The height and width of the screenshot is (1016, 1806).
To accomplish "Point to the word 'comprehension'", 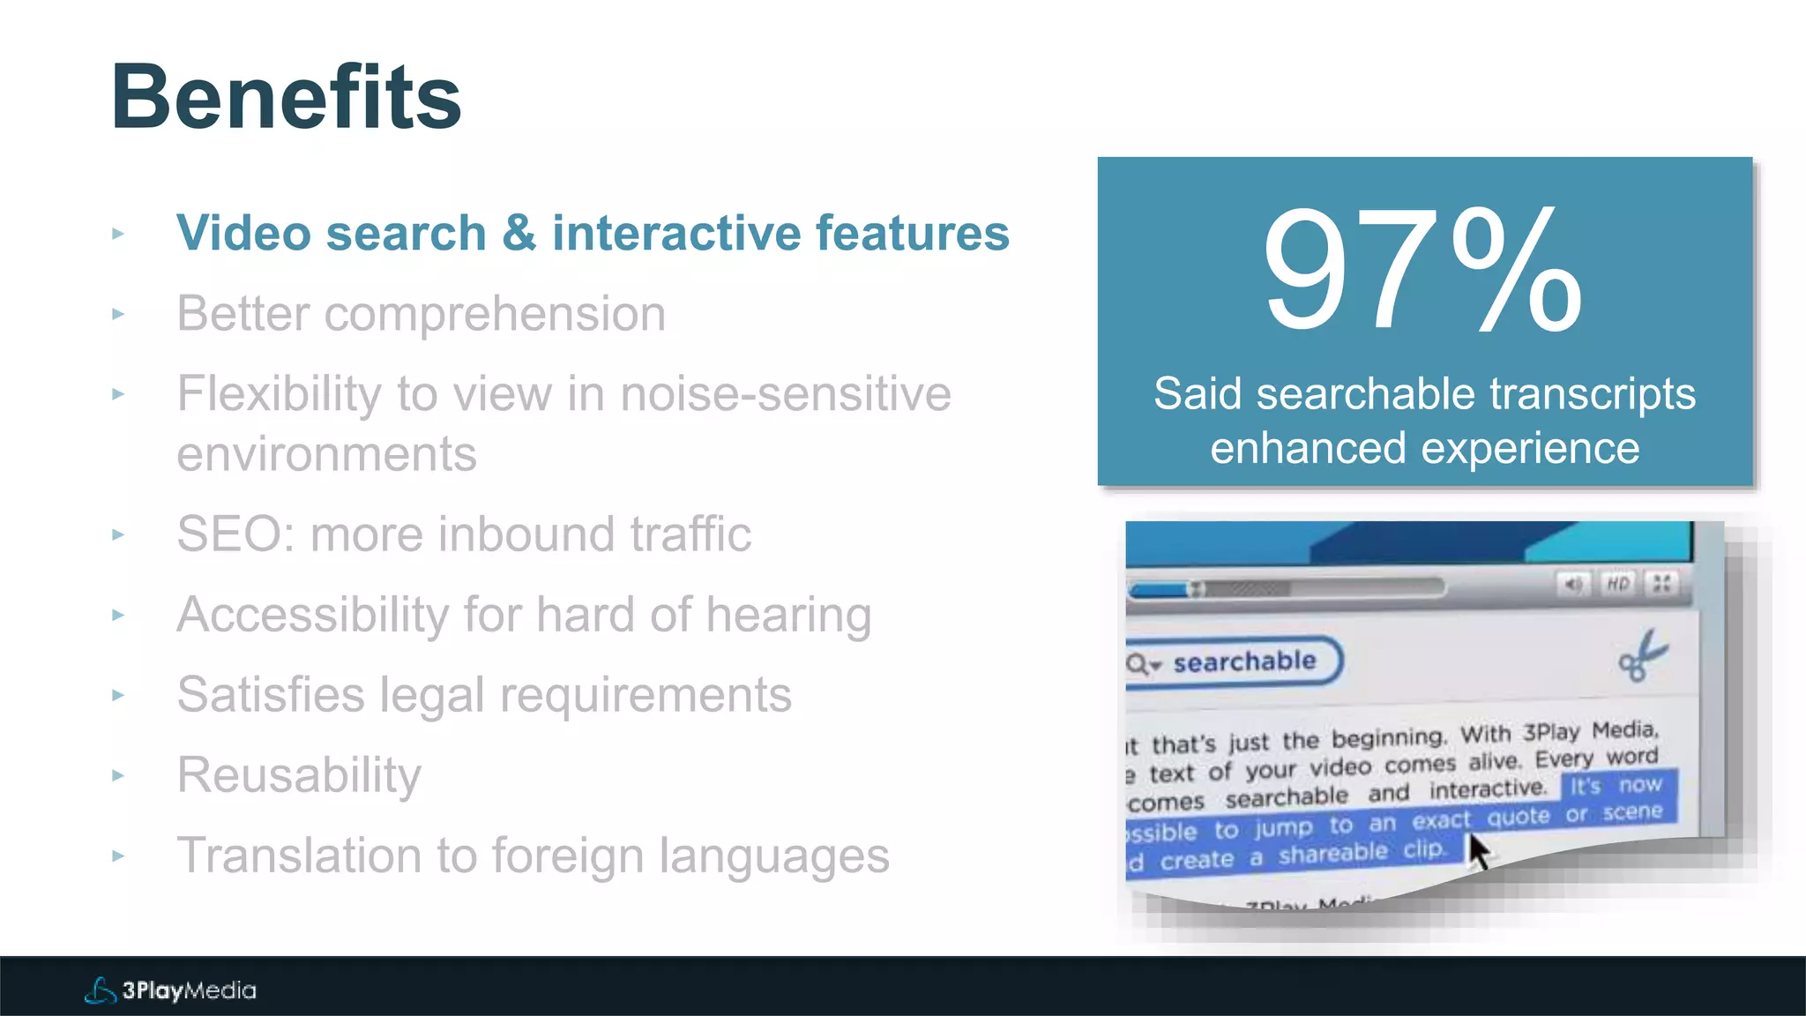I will coord(495,314).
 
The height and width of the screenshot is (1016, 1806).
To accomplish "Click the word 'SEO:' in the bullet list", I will coord(235,534).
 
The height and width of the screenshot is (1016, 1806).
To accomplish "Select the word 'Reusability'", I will coord(299,775).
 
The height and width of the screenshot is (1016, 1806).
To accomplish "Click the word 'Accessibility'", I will coord(312,615).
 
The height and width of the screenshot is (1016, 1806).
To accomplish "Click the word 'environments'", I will coord(326,454).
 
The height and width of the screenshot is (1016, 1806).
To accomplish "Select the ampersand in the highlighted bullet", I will coord(519,234).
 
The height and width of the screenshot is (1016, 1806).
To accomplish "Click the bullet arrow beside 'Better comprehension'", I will coord(118,314).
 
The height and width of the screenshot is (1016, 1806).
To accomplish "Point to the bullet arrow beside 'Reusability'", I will coord(118,775).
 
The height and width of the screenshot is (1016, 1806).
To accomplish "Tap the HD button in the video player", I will coord(1617,584).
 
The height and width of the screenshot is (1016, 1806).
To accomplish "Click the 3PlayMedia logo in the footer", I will coord(170,990).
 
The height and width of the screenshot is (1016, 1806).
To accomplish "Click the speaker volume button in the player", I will coord(1573,584).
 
